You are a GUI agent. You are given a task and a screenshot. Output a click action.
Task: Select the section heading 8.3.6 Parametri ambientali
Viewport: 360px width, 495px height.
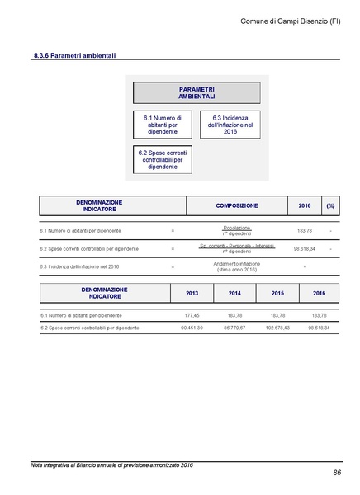(x=74, y=55)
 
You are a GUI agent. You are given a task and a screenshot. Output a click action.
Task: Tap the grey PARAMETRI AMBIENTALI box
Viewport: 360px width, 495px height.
(x=197, y=92)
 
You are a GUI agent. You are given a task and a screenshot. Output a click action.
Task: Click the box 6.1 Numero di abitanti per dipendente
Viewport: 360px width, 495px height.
(x=162, y=125)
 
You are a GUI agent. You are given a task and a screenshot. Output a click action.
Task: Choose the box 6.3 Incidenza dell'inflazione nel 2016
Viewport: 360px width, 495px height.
(x=230, y=125)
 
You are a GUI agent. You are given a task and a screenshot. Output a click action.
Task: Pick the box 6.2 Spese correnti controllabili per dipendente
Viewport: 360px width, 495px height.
(x=162, y=160)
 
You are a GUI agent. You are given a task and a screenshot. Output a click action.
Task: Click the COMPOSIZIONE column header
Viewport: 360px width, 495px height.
(x=237, y=205)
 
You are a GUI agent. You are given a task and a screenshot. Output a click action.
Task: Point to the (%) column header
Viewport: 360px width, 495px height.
(x=330, y=205)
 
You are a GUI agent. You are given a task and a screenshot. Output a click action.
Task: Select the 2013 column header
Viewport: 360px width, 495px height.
(x=192, y=293)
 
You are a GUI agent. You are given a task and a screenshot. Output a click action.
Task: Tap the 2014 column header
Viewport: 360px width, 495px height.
(x=235, y=293)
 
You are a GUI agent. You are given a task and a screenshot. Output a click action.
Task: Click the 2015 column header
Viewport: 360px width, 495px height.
(x=277, y=293)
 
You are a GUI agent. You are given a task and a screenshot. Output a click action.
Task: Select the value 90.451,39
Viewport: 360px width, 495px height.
(x=191, y=328)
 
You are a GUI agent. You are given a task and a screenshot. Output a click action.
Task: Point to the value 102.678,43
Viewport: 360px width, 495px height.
(x=277, y=328)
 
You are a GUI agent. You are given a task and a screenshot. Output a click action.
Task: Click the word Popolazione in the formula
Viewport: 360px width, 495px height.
(x=237, y=227)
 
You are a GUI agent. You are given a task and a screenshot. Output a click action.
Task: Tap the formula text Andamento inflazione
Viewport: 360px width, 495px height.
(x=237, y=263)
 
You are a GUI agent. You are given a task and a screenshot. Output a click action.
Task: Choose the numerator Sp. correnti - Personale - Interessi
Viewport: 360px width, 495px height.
(x=237, y=245)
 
